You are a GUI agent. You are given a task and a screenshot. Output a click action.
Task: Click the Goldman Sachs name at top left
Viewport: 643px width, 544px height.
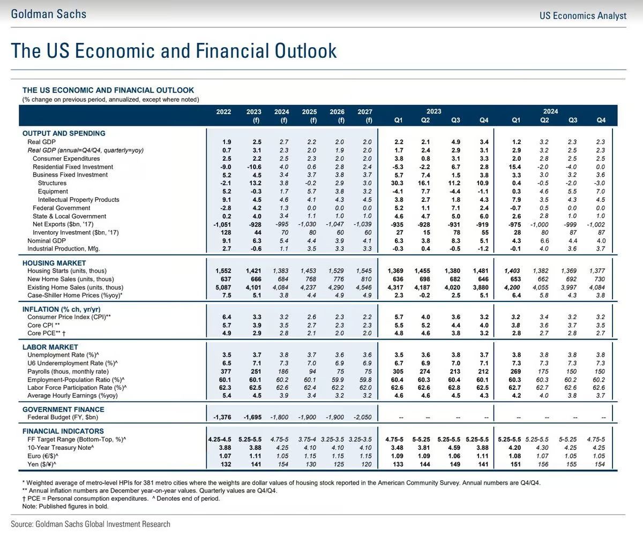(48, 14)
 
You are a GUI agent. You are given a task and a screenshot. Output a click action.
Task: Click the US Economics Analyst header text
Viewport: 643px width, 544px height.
(582, 16)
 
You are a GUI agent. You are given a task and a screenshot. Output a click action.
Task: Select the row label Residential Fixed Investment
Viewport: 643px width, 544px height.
(73, 167)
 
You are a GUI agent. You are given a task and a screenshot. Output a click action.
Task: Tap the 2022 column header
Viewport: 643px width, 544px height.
(223, 112)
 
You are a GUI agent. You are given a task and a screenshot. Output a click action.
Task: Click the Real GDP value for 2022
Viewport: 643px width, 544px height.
(227, 142)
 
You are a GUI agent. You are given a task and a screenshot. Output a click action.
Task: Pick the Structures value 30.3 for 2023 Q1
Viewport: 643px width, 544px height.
(398, 183)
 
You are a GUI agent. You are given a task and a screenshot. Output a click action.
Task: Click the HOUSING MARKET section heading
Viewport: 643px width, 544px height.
(54, 263)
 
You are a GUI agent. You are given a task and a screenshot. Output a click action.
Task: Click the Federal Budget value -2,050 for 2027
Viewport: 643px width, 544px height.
(363, 417)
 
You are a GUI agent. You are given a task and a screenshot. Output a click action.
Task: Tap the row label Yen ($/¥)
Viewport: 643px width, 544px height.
(42, 464)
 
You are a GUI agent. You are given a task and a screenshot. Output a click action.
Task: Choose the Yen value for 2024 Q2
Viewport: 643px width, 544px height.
(544, 464)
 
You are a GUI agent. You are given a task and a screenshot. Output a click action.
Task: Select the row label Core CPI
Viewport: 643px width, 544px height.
(43, 325)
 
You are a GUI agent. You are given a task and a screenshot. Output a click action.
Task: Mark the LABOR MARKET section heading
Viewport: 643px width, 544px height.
(50, 347)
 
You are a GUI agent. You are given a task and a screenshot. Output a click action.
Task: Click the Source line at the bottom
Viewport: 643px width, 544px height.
(91, 524)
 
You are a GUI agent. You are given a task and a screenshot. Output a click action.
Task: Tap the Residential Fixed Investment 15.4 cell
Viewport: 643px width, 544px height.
(514, 167)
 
